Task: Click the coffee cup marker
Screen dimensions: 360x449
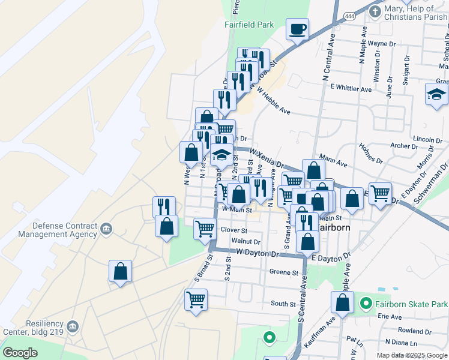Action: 298,29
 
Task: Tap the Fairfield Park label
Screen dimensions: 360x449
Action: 249,25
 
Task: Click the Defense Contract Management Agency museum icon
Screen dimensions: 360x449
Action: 106,228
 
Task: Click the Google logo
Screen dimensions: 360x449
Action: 19,353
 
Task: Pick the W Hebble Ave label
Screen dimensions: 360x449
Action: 273,101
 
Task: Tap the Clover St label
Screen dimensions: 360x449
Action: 234,230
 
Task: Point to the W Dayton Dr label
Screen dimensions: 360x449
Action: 258,253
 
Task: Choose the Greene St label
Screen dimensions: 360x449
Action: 284,272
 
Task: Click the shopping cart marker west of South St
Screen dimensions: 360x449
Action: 196,300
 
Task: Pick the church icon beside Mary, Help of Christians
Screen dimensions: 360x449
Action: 376,11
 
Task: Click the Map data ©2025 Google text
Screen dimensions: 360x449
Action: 411,355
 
